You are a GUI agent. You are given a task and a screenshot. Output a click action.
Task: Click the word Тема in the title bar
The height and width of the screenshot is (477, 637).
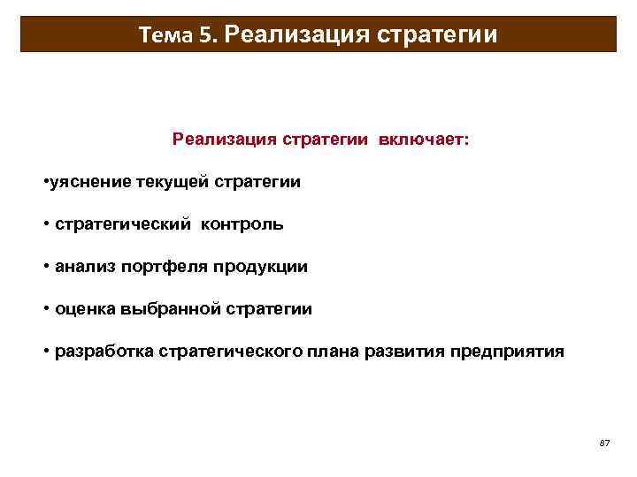(x=165, y=35)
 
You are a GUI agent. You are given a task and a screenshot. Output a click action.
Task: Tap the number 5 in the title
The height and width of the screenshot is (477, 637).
(x=206, y=35)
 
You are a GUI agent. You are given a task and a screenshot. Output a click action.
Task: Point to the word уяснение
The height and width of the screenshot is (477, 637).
(x=91, y=182)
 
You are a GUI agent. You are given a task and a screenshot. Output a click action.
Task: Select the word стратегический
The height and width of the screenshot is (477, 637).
(x=123, y=224)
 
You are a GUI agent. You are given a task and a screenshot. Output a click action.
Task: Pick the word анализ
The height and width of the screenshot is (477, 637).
(x=85, y=267)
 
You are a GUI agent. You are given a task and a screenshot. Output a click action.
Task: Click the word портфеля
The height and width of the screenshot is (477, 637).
(x=159, y=267)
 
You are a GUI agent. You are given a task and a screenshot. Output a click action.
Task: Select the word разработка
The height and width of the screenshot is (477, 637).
(x=104, y=352)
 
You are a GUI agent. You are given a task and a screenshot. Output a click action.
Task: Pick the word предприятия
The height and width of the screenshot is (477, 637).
(x=507, y=352)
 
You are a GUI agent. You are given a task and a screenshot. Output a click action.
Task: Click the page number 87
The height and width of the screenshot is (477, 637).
(x=604, y=442)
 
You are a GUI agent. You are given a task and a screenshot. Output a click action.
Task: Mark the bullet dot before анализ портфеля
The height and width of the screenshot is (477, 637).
(x=46, y=267)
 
